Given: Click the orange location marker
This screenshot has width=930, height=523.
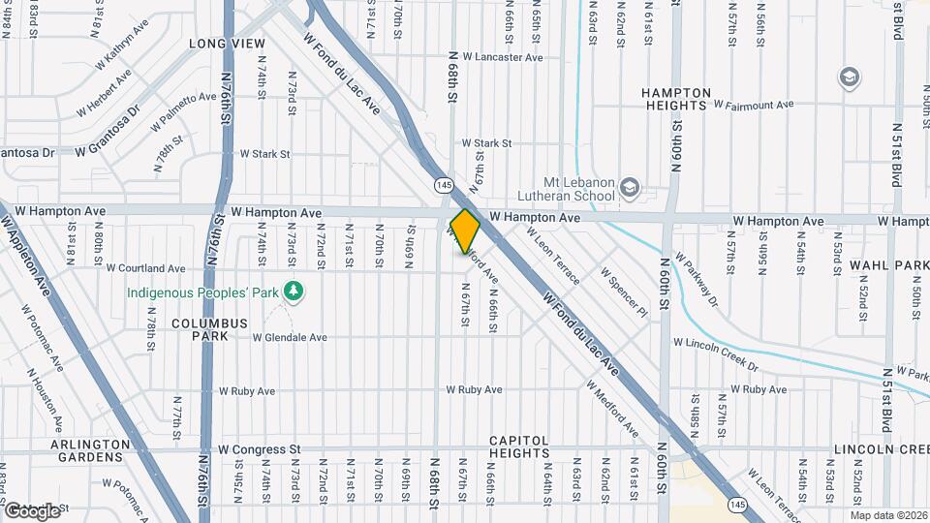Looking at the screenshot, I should tap(466, 231).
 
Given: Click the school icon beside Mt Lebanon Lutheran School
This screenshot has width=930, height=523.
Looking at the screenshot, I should tap(630, 186).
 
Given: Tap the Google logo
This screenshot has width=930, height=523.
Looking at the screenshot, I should tap(31, 510).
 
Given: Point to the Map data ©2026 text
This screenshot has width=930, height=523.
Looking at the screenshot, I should tap(889, 515).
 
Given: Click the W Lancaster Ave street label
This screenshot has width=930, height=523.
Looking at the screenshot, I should tap(502, 57).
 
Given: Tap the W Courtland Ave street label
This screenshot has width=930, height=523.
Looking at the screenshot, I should tap(145, 268).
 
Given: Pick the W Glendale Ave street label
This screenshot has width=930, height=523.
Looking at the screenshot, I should tap(290, 338).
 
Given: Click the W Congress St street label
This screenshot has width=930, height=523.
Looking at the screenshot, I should tap(259, 449).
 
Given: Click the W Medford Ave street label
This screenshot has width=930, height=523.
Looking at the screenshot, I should tap(611, 406).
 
